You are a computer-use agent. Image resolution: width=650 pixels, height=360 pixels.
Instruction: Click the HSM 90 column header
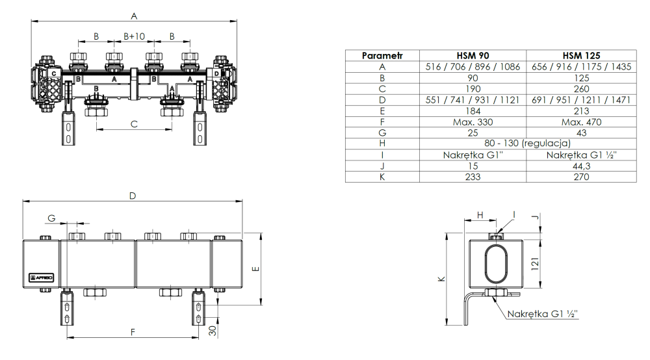(x=473, y=56)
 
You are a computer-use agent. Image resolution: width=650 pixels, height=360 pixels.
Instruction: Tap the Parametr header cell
(x=383, y=56)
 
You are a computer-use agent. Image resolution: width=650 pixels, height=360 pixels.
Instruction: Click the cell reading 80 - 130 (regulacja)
(x=526, y=144)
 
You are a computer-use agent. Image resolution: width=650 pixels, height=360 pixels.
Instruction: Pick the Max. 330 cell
(x=473, y=122)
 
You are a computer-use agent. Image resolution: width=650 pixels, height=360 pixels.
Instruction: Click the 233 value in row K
(x=473, y=177)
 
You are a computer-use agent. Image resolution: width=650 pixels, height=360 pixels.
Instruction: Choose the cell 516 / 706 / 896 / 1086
(x=473, y=67)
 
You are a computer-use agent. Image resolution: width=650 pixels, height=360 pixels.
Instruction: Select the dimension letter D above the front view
(x=133, y=196)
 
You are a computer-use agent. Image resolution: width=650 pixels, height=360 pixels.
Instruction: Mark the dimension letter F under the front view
(x=133, y=332)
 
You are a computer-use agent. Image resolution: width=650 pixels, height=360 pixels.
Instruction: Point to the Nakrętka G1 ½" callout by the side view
(x=543, y=315)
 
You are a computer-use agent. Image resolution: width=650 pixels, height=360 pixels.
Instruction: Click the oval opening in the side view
(x=497, y=263)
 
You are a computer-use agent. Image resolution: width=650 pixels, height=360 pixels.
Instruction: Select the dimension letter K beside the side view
(x=441, y=279)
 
